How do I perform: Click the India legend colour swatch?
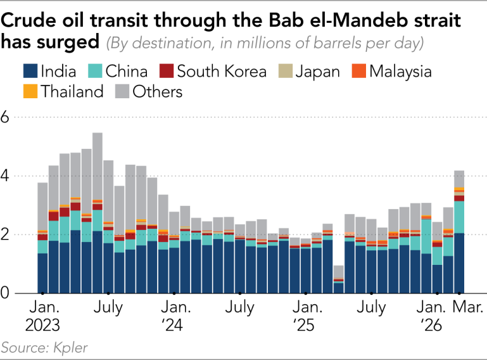pos(30,71)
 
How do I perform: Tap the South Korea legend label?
pos(222,71)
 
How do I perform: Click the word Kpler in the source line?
pos(70,347)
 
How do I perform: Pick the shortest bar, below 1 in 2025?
pos(339,280)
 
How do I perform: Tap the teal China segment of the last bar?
pos(459,217)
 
